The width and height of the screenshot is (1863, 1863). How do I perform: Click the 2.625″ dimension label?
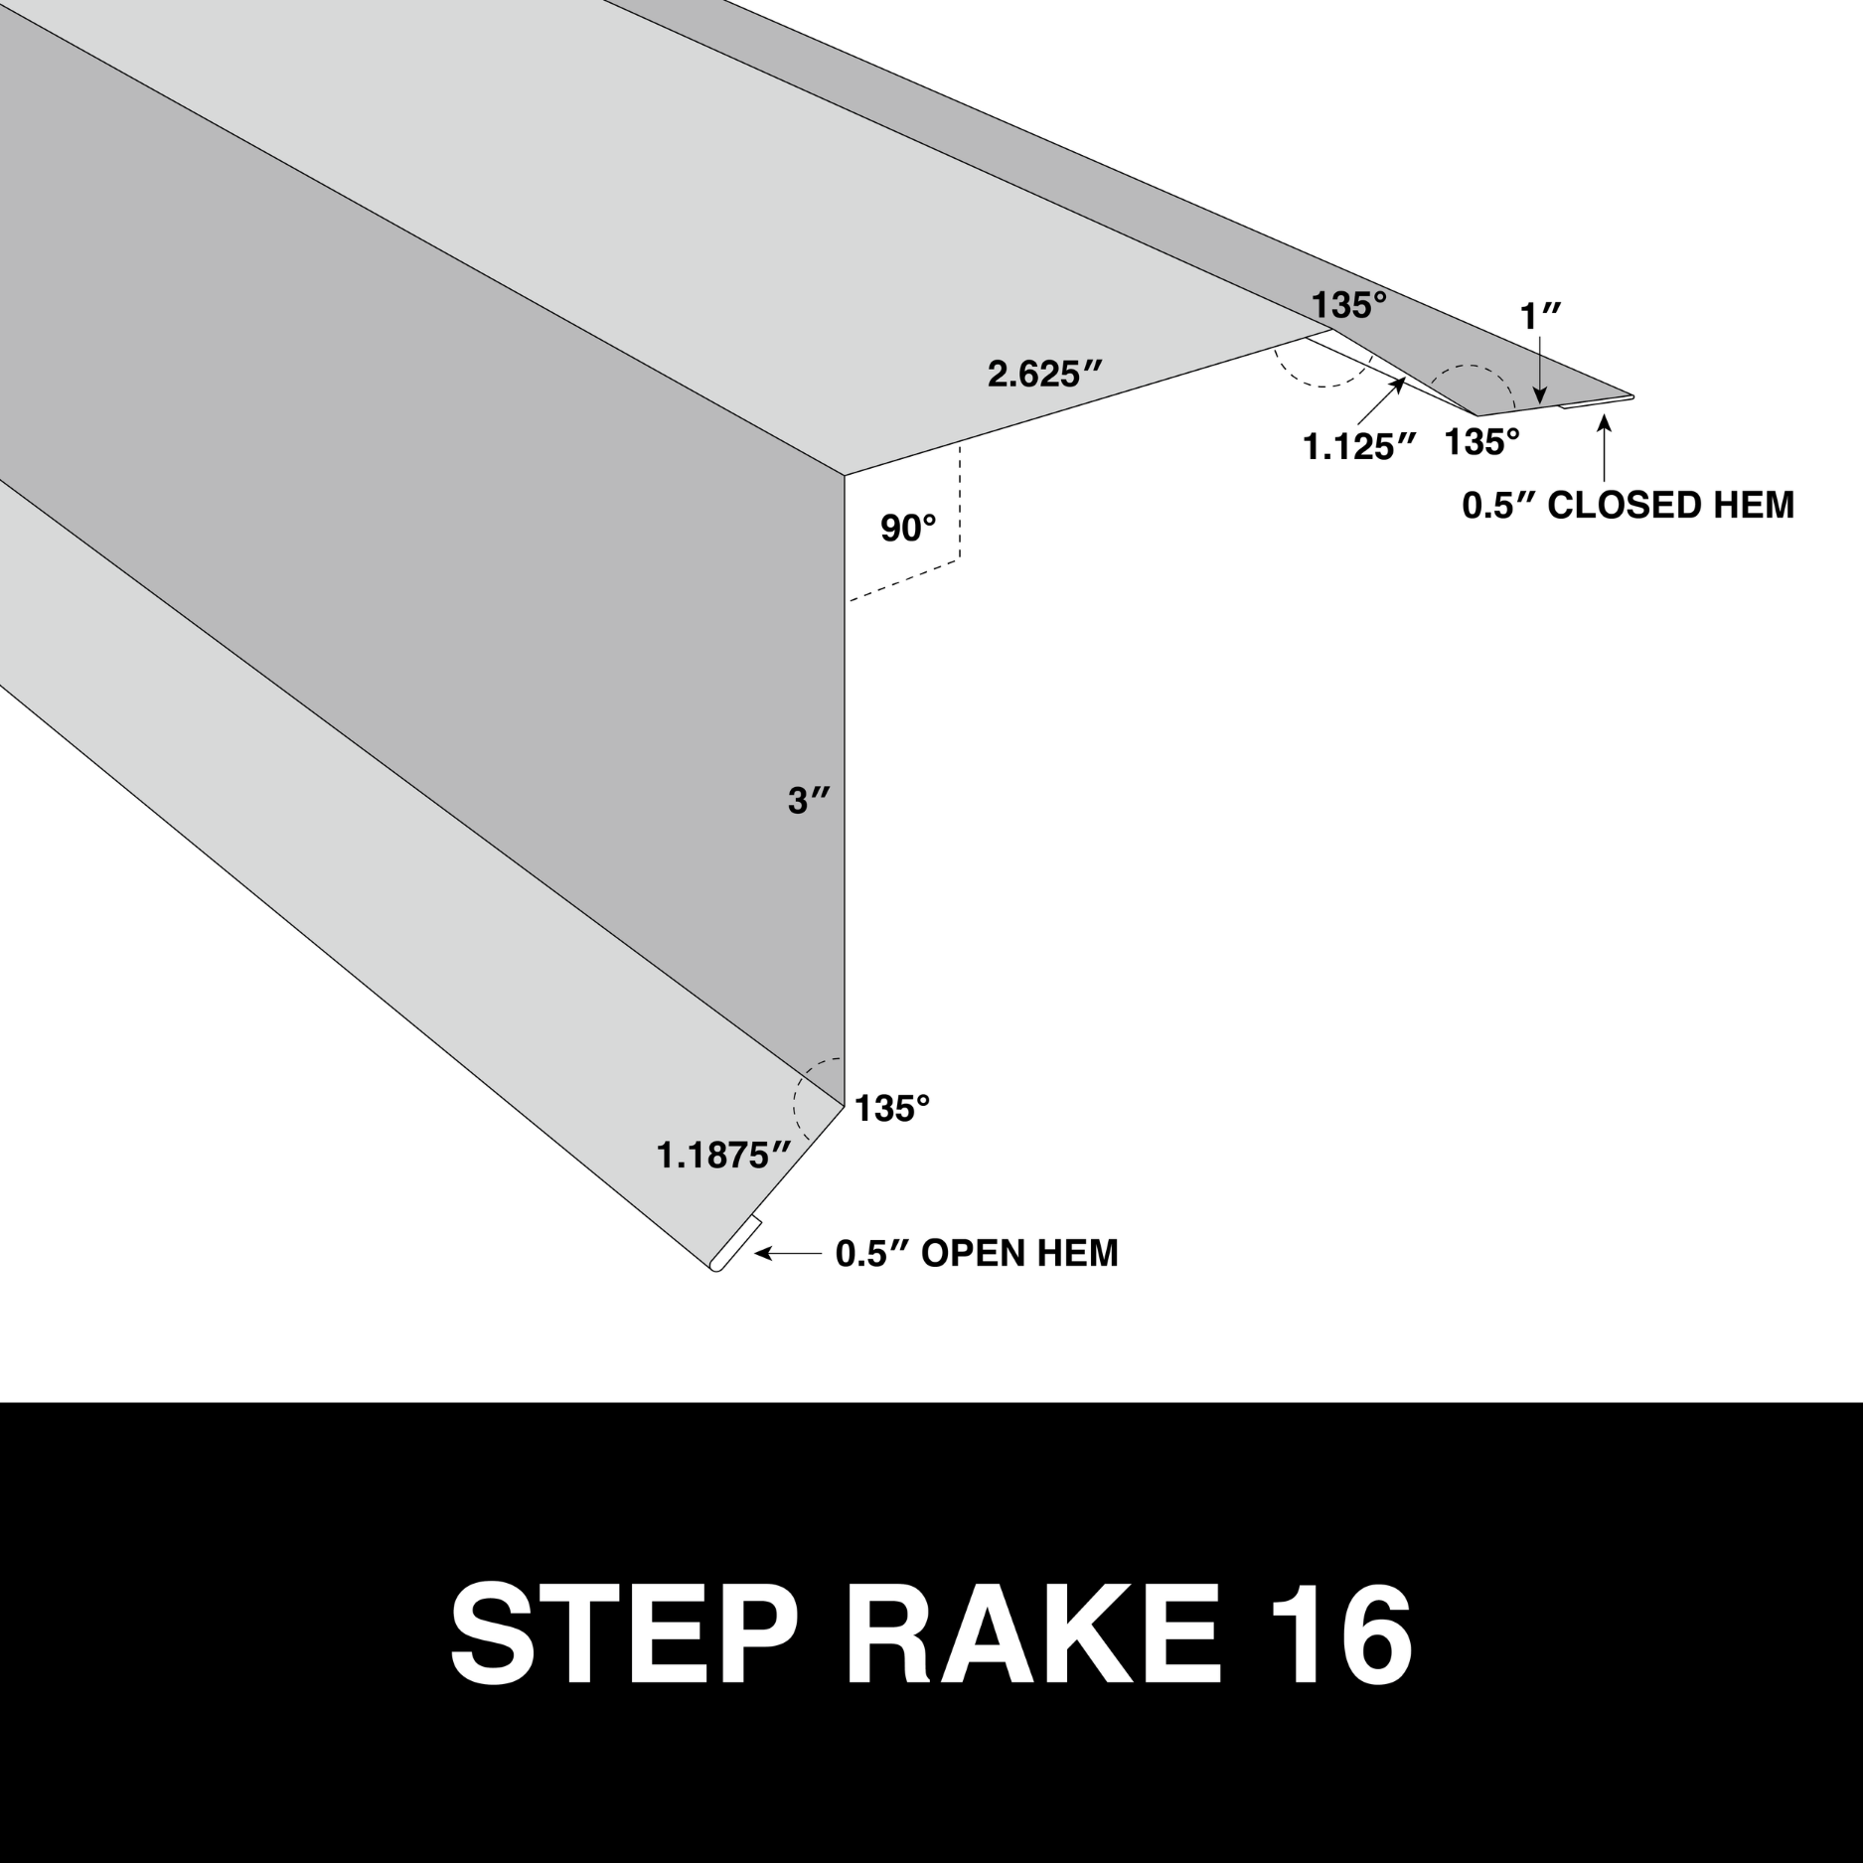click(1045, 374)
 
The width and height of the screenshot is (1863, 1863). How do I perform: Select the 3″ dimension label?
click(809, 800)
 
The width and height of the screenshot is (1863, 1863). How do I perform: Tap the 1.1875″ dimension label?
click(723, 1155)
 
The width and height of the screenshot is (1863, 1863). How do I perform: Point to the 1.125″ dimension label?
click(1359, 447)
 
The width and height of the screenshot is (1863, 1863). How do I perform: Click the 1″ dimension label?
click(1541, 316)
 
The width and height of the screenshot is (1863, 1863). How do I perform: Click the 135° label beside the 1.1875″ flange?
click(892, 1108)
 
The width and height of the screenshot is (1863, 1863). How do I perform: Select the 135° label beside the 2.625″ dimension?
click(1348, 305)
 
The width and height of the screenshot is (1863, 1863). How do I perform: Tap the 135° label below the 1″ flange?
click(1481, 442)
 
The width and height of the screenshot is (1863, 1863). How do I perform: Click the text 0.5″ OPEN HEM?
click(977, 1254)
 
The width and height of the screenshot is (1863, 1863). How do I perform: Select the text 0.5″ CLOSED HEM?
click(1629, 505)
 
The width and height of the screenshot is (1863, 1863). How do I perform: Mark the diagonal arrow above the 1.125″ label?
click(1380, 403)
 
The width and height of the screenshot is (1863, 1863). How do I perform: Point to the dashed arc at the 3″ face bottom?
click(807, 1097)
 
